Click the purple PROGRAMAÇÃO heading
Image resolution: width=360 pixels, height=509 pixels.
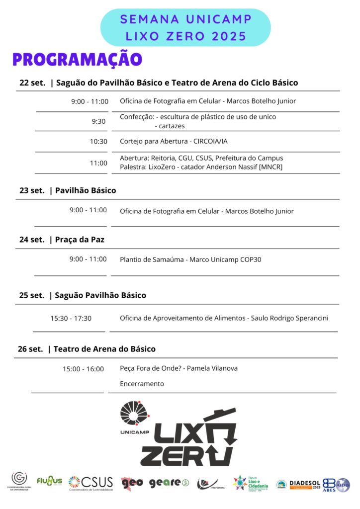tap(78, 59)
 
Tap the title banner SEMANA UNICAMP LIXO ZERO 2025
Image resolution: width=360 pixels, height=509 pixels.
tap(186, 28)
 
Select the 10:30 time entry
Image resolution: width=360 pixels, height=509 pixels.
tap(98, 141)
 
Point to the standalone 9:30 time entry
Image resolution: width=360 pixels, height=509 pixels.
tap(98, 121)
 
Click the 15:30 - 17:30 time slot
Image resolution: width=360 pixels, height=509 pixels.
tap(71, 318)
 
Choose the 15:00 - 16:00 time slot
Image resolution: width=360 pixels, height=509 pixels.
tap(83, 369)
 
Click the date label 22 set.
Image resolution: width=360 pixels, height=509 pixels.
tap(32, 83)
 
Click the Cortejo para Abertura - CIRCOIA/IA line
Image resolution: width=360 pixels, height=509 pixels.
tap(174, 141)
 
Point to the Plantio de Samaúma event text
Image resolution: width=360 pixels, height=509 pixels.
tap(190, 259)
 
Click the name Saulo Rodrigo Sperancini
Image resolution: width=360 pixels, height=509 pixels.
tap(289, 318)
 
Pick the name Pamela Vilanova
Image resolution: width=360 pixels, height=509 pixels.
tap(212, 368)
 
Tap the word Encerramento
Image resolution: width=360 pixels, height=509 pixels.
tap(142, 384)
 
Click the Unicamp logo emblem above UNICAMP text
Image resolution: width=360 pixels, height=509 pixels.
tap(135, 413)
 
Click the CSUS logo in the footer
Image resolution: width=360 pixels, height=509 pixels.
tap(91, 483)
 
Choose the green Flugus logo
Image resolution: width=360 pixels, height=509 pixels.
tap(49, 481)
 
